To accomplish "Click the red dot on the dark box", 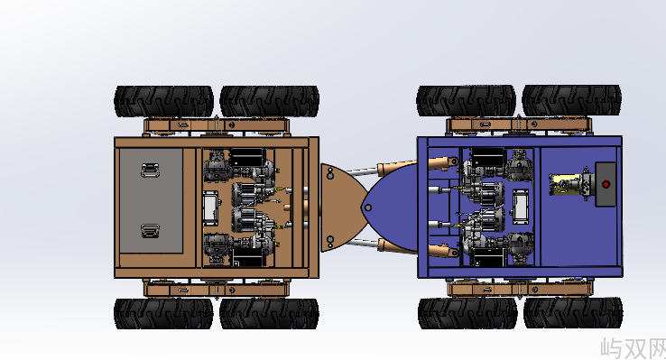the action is (606, 184).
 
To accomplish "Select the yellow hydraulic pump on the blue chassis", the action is (565, 184).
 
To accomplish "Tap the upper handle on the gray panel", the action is (151, 170).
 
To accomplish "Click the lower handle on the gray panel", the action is (151, 230).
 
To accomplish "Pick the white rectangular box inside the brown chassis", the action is (210, 208).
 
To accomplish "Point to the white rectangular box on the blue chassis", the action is (521, 207).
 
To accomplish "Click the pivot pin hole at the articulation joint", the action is (368, 208).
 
